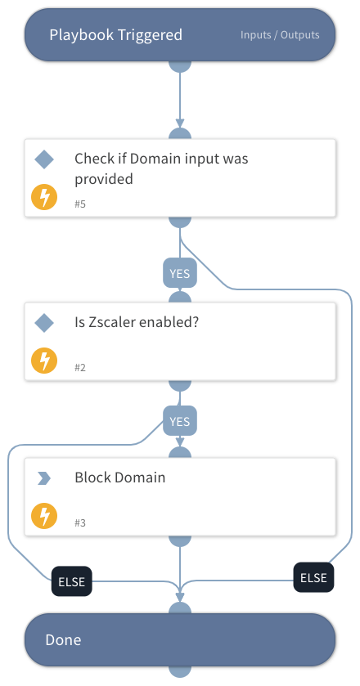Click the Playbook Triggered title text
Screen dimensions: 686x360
point(115,35)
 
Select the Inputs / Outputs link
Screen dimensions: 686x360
point(280,35)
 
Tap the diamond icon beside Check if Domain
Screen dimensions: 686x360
point(44,159)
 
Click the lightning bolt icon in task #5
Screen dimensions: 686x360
point(44,198)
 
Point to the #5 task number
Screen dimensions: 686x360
point(80,204)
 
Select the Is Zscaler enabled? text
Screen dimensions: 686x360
point(137,323)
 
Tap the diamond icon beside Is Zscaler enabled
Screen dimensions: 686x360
point(44,323)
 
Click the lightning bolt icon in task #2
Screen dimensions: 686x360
point(44,361)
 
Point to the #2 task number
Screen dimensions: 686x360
point(80,367)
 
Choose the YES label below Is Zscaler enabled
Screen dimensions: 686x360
point(179,421)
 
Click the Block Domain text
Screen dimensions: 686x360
point(119,478)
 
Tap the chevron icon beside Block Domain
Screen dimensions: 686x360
point(44,478)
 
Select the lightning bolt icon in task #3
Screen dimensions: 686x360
point(44,516)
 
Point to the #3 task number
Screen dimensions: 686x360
point(80,522)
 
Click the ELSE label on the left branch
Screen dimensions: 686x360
point(71,582)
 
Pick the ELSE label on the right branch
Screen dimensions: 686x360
point(313,577)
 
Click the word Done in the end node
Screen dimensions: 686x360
point(63,639)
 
